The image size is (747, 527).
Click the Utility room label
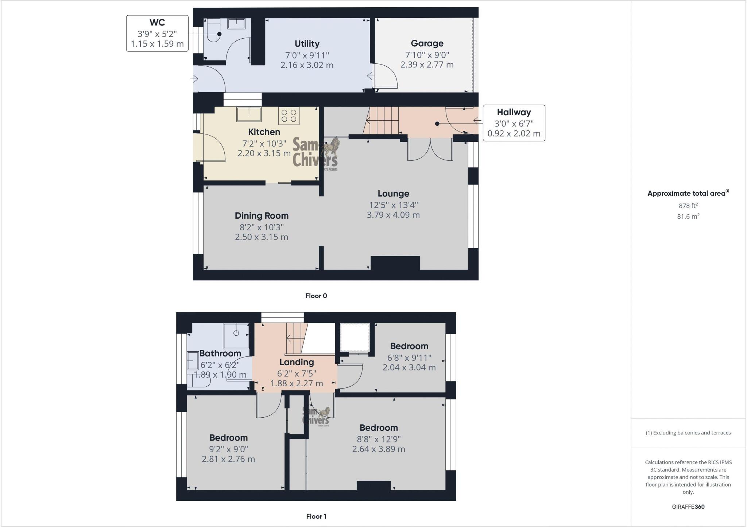307,44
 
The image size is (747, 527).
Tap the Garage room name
427,43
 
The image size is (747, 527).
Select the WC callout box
157,33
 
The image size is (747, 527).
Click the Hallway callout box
514,123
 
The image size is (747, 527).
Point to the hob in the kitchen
289,116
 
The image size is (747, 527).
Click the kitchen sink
249,114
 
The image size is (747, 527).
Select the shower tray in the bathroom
236,335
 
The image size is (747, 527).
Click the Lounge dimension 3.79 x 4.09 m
393,215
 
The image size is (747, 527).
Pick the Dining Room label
262,216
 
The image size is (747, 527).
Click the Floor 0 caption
316,296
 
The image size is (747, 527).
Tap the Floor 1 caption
316,516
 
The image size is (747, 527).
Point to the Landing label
297,362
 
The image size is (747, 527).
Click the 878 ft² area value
688,206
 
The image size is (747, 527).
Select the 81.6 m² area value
688,216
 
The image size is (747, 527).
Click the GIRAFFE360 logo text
688,507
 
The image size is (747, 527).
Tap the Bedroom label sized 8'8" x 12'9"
379,428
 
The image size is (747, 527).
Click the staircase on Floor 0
382,120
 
